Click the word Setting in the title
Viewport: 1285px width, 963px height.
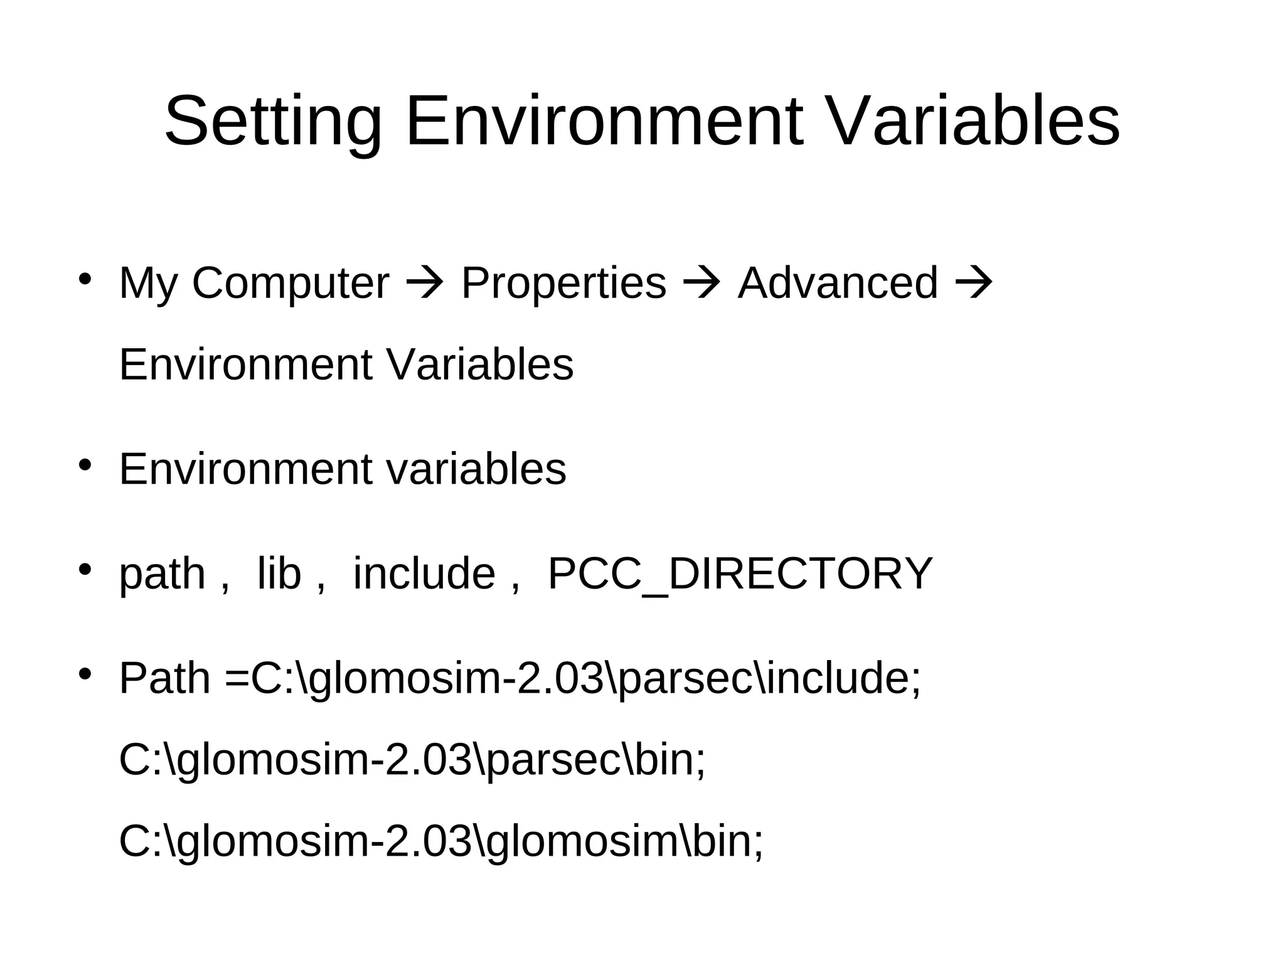[273, 121]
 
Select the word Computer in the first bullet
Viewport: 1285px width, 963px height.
[291, 284]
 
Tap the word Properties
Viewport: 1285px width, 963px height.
[563, 284]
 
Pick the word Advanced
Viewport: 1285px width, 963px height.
[838, 284]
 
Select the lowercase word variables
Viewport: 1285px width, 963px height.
[476, 469]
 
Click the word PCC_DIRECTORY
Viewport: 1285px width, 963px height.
[740, 573]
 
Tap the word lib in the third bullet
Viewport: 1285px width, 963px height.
[279, 573]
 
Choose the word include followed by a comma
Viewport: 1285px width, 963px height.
[424, 573]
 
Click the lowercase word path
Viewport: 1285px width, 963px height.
[163, 575]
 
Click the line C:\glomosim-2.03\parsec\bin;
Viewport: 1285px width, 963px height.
[412, 760]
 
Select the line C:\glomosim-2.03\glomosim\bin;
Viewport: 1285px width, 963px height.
[441, 842]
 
